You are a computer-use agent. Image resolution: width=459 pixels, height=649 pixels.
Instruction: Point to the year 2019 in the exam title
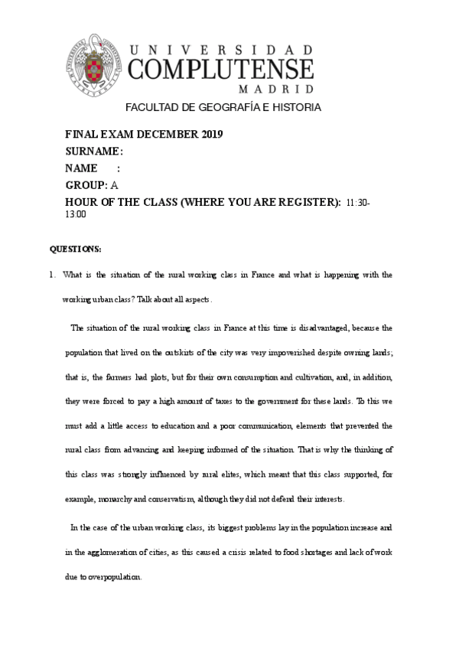212,135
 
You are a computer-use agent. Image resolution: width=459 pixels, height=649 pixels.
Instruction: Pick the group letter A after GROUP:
114,185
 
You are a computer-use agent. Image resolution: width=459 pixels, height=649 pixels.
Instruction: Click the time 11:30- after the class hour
358,202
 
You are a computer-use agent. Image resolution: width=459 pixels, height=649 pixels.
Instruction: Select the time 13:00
76,215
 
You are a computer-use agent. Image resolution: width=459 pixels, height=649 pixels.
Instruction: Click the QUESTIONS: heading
76,249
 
